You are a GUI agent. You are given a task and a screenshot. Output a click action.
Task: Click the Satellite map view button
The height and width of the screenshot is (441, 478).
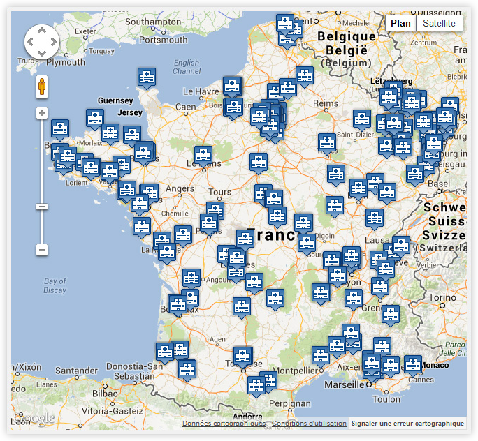coord(439,23)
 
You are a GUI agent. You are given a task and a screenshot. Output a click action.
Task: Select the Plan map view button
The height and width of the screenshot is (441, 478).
coord(400,23)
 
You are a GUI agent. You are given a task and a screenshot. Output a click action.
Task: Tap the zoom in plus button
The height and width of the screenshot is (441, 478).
coord(42,113)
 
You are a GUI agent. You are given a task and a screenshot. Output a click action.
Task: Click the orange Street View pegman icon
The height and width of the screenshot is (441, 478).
coord(42,87)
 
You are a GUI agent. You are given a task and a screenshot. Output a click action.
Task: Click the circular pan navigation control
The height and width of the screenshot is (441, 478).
coord(42,42)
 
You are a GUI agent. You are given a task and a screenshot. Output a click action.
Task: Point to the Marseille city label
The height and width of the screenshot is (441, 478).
coord(345,384)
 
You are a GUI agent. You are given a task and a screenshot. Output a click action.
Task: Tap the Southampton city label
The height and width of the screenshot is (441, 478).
coord(153,22)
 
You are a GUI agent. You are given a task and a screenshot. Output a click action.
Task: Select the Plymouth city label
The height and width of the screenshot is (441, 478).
coord(65,62)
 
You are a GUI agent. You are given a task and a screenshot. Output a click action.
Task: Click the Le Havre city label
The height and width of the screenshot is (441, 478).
coord(201,91)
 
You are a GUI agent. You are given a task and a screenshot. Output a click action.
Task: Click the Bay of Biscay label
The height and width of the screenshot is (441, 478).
coord(55,285)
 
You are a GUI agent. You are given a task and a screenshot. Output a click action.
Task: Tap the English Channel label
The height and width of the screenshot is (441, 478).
coord(187,67)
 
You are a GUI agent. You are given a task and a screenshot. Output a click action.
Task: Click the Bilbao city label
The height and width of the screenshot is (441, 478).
coord(104,393)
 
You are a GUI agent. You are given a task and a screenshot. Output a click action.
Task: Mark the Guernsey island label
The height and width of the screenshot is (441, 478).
coord(115,101)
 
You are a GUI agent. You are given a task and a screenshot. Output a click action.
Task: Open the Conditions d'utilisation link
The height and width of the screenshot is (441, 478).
coord(309,424)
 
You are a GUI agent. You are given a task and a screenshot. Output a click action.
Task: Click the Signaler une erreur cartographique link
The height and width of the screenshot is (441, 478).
coord(407,424)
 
